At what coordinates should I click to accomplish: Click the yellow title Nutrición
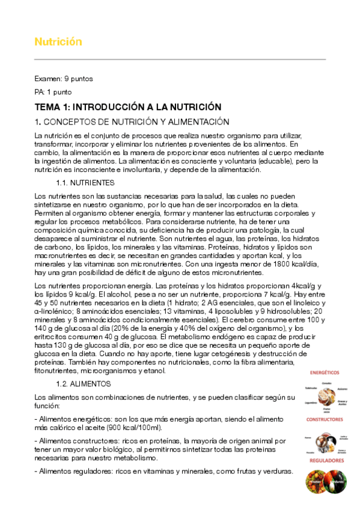tap(58, 42)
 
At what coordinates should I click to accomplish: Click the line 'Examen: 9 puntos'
tap(64, 79)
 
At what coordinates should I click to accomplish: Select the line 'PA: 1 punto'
tap(53, 93)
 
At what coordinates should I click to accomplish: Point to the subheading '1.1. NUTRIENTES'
tap(85, 183)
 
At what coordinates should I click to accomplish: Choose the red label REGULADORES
tap(327, 460)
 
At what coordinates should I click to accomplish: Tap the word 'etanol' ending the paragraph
tap(171, 371)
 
